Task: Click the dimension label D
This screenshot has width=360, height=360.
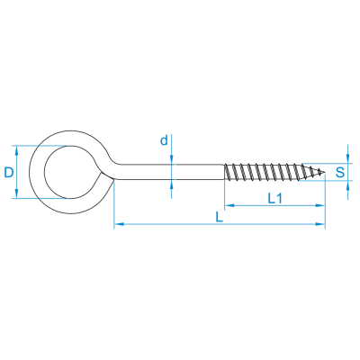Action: coord(9,173)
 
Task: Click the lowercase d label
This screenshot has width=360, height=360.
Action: coord(164,140)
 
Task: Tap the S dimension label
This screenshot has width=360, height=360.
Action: coord(340,173)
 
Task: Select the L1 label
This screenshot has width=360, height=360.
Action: coord(274,198)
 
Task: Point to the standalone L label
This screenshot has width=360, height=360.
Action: coord(220,217)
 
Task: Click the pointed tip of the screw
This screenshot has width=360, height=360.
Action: coord(325,172)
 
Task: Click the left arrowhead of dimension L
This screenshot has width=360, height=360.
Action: coord(120,224)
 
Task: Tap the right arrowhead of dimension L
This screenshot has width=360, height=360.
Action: coord(319,224)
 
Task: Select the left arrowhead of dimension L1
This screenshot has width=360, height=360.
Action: coord(229,205)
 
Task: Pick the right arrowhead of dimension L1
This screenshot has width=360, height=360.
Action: coord(319,205)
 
